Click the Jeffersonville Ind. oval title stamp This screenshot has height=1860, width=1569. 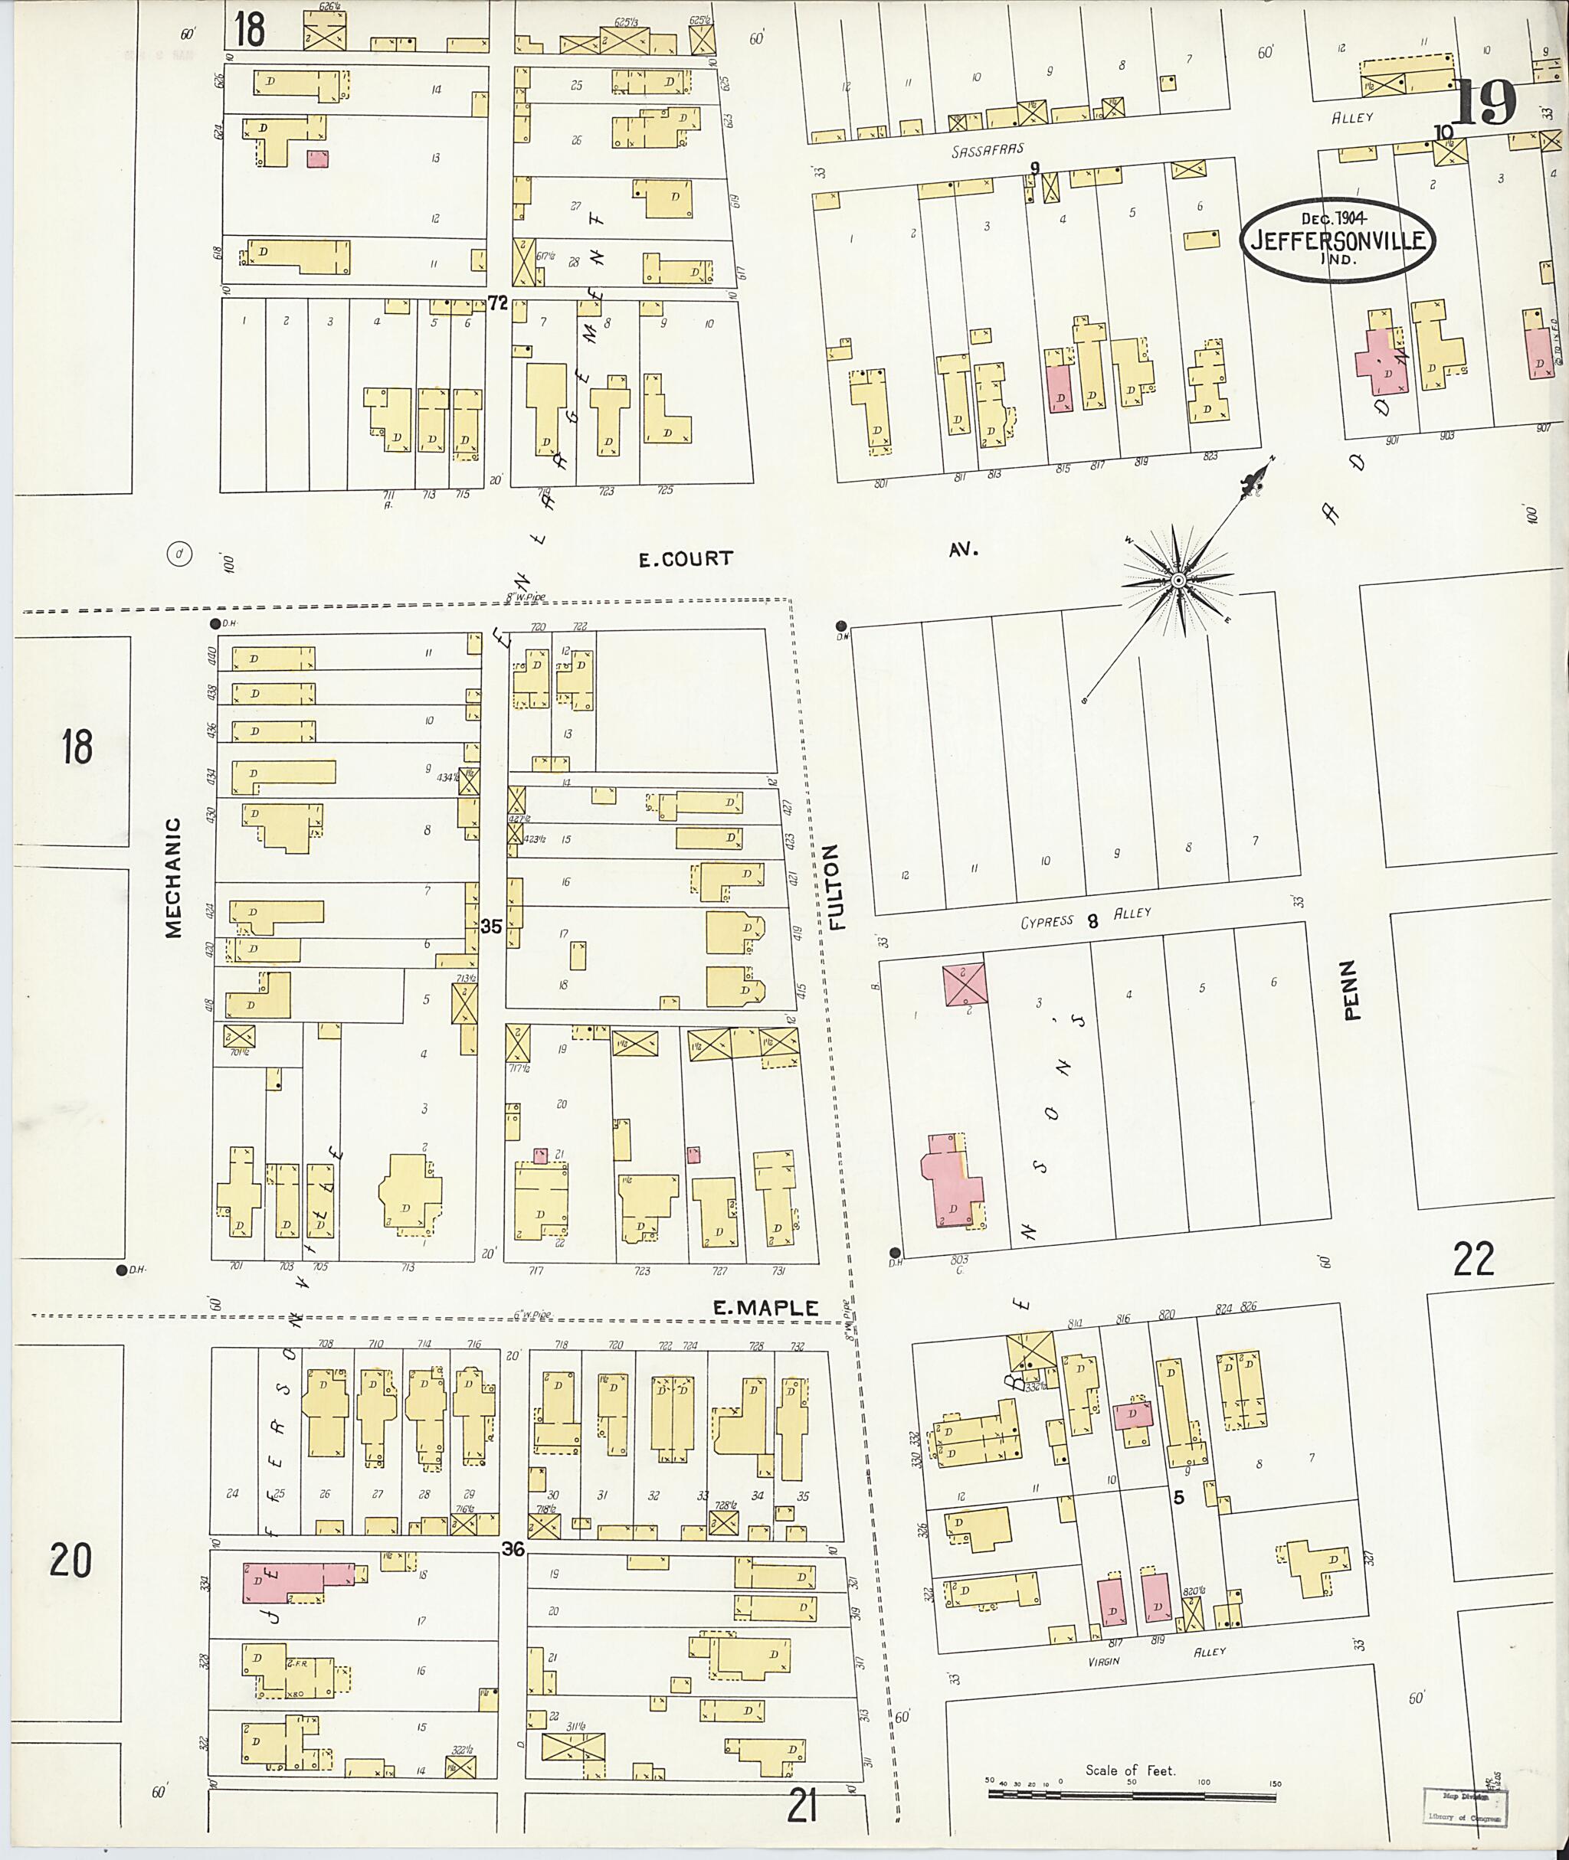click(x=1337, y=239)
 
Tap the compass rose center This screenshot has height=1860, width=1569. click(x=1178, y=580)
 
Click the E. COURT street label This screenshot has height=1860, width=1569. click(x=686, y=558)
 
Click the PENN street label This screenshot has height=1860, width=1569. click(x=1352, y=989)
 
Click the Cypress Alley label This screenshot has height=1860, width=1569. click(x=1085, y=918)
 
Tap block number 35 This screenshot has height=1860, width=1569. click(x=491, y=927)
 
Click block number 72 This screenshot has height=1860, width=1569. click(x=497, y=303)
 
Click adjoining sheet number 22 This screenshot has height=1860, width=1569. click(x=1473, y=1259)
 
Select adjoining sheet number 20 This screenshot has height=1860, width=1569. click(x=70, y=1560)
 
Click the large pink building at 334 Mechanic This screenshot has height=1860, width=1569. click(x=293, y=1584)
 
